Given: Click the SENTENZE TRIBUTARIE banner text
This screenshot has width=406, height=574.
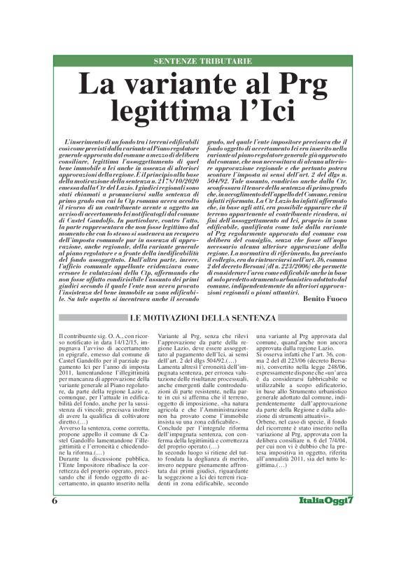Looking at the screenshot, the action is click(203, 61).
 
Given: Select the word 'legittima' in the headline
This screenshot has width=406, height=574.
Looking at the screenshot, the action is click(179, 112).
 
